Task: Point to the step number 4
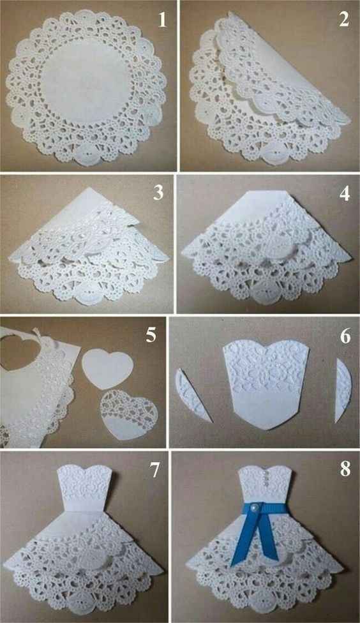(344, 193)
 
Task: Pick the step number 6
(345, 336)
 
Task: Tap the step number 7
(154, 470)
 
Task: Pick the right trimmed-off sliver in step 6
(343, 390)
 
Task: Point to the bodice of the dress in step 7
(85, 489)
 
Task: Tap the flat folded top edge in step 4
(266, 193)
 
